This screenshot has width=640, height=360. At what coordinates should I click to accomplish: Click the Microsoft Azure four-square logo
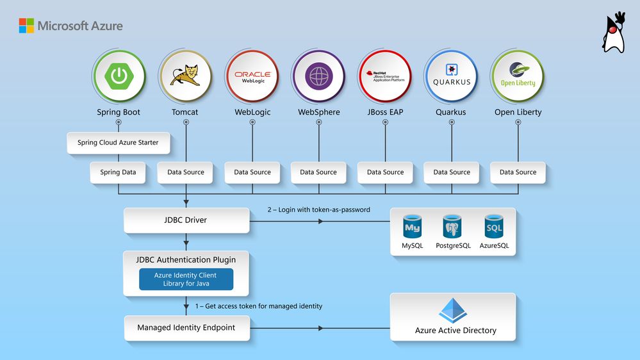(x=26, y=26)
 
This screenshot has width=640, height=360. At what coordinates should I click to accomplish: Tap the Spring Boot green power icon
(x=119, y=76)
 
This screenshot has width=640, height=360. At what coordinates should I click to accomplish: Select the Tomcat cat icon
(x=185, y=76)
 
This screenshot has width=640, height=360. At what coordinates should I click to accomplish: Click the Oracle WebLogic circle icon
(x=252, y=76)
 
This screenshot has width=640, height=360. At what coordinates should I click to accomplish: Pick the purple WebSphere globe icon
(x=318, y=76)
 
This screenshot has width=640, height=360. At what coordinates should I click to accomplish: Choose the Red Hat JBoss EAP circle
(x=385, y=76)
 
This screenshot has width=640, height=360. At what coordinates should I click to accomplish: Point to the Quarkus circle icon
(x=452, y=76)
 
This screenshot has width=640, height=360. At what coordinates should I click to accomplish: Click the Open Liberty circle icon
(x=518, y=76)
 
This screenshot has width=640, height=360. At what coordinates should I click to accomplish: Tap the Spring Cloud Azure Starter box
(x=119, y=143)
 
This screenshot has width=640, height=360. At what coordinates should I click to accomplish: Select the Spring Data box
(x=119, y=172)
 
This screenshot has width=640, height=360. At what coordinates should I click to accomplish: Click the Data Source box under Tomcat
(x=185, y=172)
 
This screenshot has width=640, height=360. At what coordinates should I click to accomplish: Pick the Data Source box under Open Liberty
(x=518, y=172)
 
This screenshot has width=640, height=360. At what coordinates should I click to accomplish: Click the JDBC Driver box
(x=186, y=220)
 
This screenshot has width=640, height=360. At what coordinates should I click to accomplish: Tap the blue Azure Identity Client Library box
(x=186, y=279)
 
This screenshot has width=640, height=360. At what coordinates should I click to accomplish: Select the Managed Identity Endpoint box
(x=186, y=328)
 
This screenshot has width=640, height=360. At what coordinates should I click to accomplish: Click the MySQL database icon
(x=413, y=227)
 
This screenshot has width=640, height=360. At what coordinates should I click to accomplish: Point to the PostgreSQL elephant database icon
(x=453, y=227)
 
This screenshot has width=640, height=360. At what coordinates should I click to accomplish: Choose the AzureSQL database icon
(x=494, y=227)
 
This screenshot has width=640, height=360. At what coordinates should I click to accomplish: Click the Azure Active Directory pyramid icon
(x=453, y=310)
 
